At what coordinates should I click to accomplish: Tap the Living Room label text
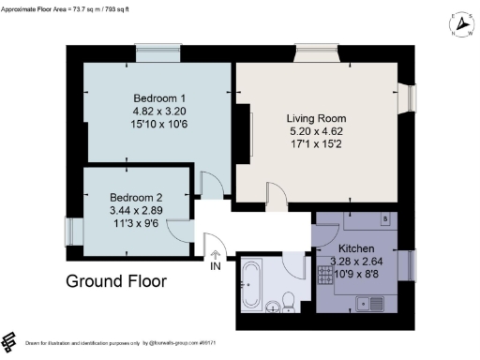318,119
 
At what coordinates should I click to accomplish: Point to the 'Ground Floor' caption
116,280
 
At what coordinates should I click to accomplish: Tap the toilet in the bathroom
290,299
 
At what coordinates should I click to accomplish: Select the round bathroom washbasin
271,305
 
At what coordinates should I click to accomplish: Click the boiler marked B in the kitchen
384,221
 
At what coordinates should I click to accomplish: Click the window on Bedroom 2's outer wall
68,230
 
